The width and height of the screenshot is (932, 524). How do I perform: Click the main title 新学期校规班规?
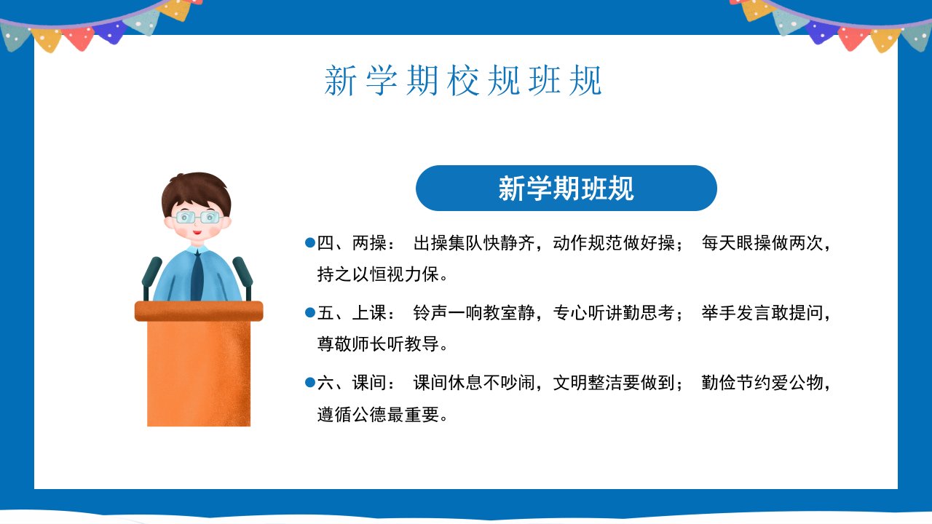point(462,80)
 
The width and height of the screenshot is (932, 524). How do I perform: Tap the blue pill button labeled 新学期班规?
point(566,188)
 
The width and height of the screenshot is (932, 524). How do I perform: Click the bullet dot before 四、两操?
point(310,242)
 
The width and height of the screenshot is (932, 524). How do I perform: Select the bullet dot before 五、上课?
point(310,312)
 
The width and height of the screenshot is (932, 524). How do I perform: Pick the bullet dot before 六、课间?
point(310,382)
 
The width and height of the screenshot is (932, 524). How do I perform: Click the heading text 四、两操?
point(352,243)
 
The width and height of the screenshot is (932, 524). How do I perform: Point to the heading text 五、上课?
point(352,313)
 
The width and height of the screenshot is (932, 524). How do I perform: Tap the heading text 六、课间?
point(352,383)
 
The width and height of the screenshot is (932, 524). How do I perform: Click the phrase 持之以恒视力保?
point(378,274)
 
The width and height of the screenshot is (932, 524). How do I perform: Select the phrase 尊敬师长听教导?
point(378,344)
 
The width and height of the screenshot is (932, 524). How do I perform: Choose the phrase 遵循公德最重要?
point(378,414)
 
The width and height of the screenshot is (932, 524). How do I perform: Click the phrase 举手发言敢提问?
point(762,313)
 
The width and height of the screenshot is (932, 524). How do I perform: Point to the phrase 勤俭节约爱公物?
point(762,383)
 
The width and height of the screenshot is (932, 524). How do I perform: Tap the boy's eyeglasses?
point(197,217)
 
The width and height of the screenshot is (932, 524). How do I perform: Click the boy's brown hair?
point(196,191)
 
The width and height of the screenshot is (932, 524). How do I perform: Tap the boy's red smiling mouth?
point(197,232)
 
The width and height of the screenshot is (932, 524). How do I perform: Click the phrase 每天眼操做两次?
point(762,243)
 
